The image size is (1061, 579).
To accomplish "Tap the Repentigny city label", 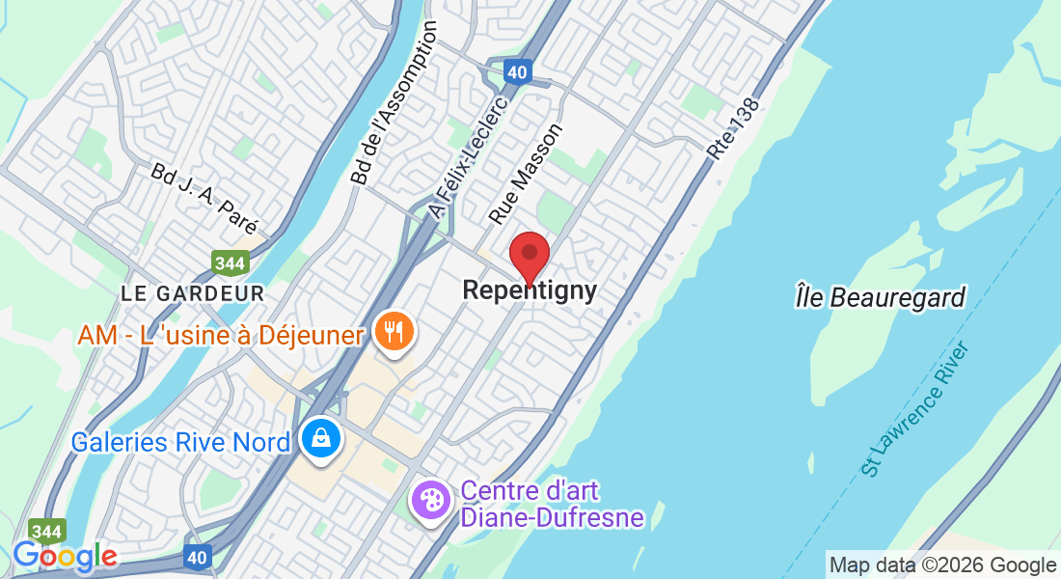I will click(x=530, y=289).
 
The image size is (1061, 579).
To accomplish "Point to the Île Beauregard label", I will click(x=880, y=297).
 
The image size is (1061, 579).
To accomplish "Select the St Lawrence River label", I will click(x=914, y=409).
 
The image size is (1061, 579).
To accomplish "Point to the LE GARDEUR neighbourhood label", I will click(x=193, y=291).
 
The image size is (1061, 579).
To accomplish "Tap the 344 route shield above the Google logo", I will click(x=47, y=532).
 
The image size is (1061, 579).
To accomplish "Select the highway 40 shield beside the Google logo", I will click(x=198, y=557).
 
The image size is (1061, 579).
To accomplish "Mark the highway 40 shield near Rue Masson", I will click(x=518, y=70).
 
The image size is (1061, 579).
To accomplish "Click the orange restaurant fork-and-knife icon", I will click(x=394, y=332).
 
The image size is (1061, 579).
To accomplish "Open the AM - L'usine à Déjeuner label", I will click(x=222, y=336).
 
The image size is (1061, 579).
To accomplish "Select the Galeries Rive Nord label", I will click(x=181, y=442).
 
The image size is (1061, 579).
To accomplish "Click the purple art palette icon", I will click(x=430, y=500).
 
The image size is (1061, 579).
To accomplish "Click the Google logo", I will click(x=65, y=556).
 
